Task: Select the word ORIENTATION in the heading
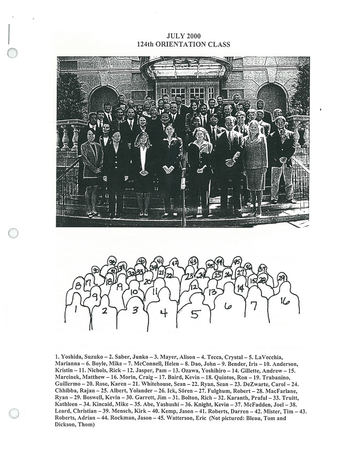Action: (185, 44)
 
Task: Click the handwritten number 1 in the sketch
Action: (75, 309)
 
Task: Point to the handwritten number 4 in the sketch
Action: (164, 313)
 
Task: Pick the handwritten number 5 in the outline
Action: (195, 314)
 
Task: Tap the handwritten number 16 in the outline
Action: (285, 301)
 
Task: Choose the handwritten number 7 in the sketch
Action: (253, 306)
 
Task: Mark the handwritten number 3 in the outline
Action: (135, 310)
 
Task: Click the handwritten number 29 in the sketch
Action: (281, 278)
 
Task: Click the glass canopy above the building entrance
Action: (186, 68)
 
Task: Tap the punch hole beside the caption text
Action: (14, 414)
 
